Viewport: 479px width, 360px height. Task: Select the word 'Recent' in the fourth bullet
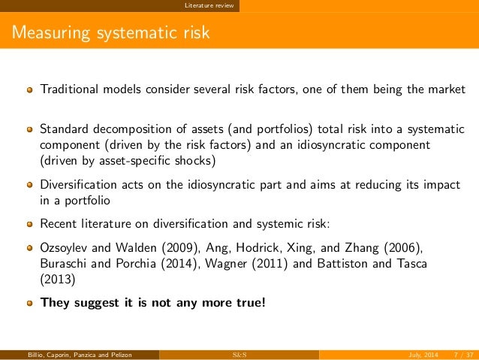coord(59,223)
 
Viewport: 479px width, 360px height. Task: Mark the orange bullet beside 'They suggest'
coord(30,304)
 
